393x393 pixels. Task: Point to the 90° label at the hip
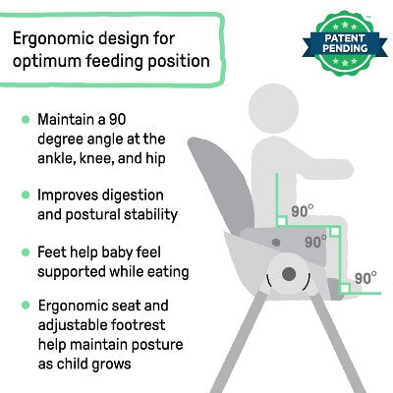302,210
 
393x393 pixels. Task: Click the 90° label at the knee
315,241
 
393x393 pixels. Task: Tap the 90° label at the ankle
365,278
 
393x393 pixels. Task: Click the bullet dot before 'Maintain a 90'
24,119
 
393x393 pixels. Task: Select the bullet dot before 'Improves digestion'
24,196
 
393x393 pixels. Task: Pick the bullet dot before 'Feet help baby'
24,252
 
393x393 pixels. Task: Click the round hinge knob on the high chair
291,275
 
